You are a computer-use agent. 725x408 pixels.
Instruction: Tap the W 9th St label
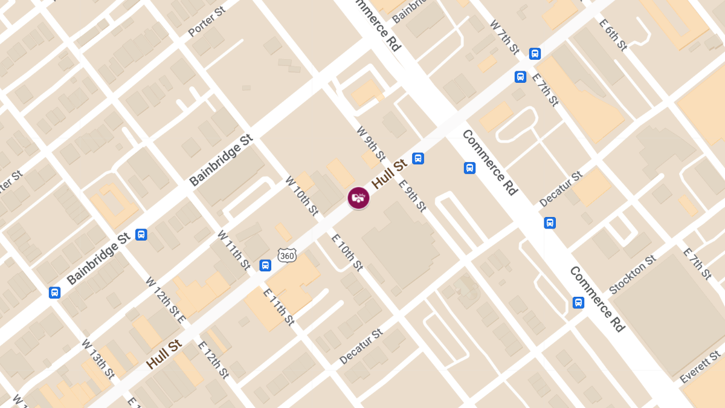[x=370, y=143]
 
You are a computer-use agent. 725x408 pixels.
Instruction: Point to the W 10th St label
[x=302, y=196]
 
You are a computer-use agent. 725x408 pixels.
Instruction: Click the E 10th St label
[x=347, y=251]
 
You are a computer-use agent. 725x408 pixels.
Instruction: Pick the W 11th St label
[x=234, y=250]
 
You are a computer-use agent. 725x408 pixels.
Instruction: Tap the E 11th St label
[x=279, y=306]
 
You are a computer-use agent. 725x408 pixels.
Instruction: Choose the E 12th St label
[x=213, y=360]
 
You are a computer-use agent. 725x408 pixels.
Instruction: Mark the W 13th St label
[x=98, y=358]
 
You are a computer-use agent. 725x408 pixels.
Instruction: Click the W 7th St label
[x=504, y=37]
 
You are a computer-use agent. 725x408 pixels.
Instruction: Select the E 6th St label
[x=613, y=34]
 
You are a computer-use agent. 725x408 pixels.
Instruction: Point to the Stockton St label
[x=633, y=275]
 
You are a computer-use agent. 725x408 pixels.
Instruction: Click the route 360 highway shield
[x=287, y=255]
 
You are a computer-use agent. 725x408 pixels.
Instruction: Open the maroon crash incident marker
[x=358, y=198]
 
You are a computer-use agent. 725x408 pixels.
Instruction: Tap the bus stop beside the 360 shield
[x=265, y=265]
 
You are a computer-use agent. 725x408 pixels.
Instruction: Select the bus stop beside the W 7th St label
[x=535, y=54]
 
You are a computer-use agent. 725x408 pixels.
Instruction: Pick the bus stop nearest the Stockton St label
[x=578, y=302]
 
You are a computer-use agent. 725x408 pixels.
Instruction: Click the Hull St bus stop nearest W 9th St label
[x=417, y=158]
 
